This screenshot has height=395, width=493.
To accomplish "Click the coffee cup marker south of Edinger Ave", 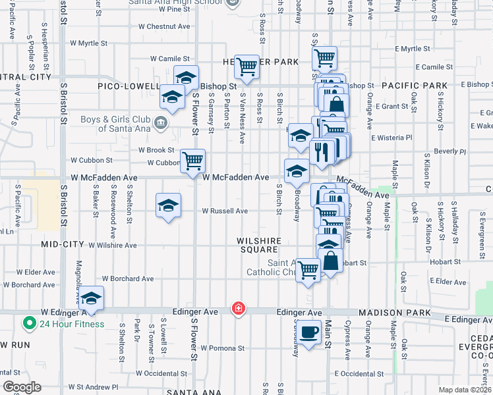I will [308, 331].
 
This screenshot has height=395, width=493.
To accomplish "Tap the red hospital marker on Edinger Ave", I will [238, 309].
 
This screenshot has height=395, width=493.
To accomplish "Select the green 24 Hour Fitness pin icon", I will [29, 323].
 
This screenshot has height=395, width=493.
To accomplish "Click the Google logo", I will [22, 387].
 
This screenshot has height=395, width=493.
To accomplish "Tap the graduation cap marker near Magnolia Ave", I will [91, 297].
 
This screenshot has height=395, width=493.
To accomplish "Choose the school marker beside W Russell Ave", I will [168, 205].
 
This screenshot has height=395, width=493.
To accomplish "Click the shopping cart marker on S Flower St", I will [192, 161].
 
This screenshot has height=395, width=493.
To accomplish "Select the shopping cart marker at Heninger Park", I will [246, 66].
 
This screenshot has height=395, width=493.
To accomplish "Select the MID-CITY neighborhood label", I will [63, 244].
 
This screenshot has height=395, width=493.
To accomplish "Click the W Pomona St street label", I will [223, 348].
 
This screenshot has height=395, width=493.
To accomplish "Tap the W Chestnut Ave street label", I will [164, 27].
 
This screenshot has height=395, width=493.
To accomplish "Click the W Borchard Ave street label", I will [128, 279].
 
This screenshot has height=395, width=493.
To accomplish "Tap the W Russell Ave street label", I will [225, 211].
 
